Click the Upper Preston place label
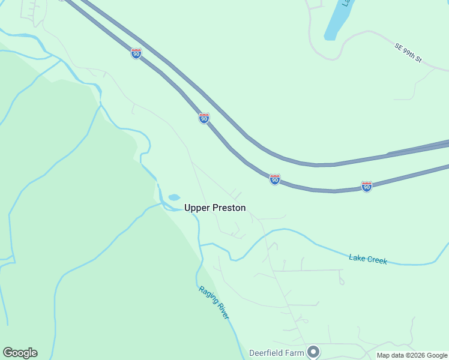pyautogui.click(x=215, y=208)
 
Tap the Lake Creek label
pyautogui.click(x=368, y=259)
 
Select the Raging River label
pyautogui.click(x=214, y=302)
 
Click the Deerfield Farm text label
pyautogui.click(x=277, y=353)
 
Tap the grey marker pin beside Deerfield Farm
pyautogui.click(x=313, y=352)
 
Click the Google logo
pyautogui.click(x=20, y=353)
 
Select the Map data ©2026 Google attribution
pyautogui.click(x=412, y=355)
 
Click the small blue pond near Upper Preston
pyautogui.click(x=174, y=197)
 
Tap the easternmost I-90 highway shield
pyautogui.click(x=367, y=186)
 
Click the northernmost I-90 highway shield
pyautogui.click(x=136, y=53)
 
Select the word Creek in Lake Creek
pyautogui.click(x=377, y=260)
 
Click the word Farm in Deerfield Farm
pyautogui.click(x=295, y=353)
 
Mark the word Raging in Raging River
pyautogui.click(x=207, y=294)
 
